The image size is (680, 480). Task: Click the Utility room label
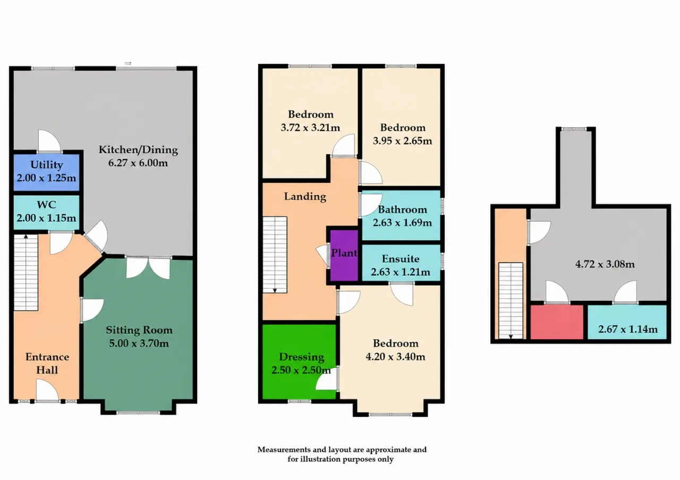tap(47, 165)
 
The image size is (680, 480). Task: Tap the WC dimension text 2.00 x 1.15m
tap(46, 218)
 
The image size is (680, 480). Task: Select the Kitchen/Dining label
tap(138, 150)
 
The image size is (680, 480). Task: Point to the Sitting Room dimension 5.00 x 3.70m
tap(139, 343)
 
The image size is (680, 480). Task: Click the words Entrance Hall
tap(47, 363)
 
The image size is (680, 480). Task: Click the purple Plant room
tap(344, 255)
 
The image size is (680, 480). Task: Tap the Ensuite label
tap(401, 259)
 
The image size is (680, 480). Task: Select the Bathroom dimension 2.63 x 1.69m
tap(402, 223)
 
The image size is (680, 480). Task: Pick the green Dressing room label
tap(301, 357)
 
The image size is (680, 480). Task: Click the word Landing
tap(305, 197)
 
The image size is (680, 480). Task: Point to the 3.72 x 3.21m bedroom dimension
tap(310, 128)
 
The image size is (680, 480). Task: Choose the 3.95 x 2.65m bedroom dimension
tap(402, 141)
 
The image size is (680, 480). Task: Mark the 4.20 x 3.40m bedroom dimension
tap(395, 356)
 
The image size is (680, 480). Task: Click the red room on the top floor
tap(557, 322)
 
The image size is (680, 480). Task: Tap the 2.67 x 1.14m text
tap(628, 329)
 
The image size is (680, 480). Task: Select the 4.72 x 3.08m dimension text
tap(605, 264)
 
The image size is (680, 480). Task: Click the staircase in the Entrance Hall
tap(26, 273)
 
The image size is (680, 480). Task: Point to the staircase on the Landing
tap(275, 255)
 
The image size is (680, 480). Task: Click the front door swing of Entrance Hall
tap(47, 390)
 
